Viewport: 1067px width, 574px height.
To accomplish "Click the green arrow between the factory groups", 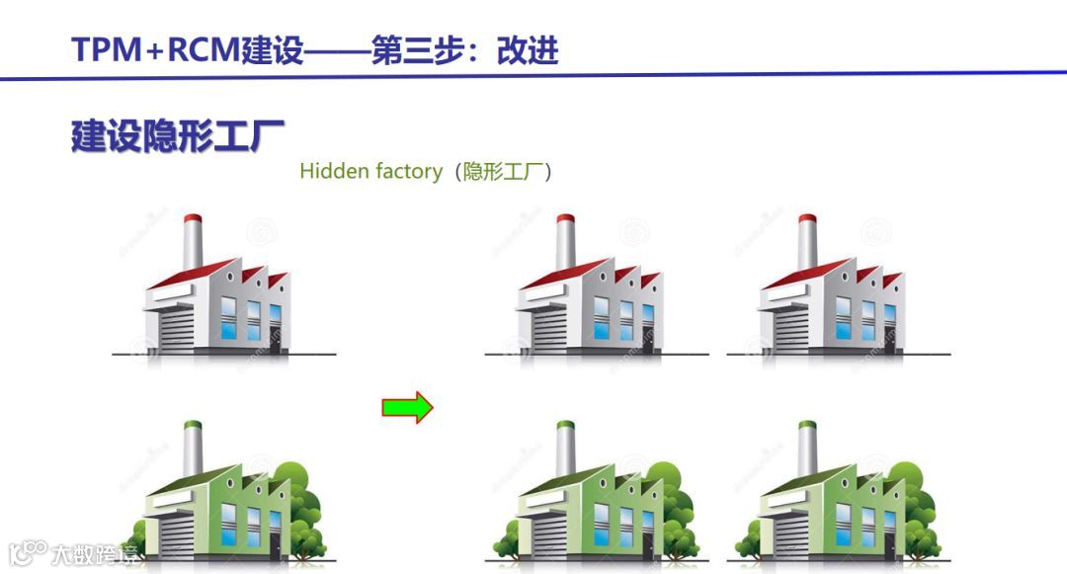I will pyautogui.click(x=407, y=406).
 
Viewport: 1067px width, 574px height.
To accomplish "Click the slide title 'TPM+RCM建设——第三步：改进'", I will pyautogui.click(x=315, y=49).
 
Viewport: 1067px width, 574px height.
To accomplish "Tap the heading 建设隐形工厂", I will pyautogui.click(x=178, y=135).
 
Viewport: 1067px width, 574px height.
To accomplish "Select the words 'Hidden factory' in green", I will pyautogui.click(x=370, y=171).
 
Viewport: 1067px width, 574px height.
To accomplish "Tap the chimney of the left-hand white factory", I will pyautogui.click(x=193, y=243).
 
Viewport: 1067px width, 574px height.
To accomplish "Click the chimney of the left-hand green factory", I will pyautogui.click(x=193, y=450).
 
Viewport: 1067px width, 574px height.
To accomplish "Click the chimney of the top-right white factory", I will pyautogui.click(x=807, y=243).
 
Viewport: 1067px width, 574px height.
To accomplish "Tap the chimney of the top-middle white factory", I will pyautogui.click(x=565, y=243).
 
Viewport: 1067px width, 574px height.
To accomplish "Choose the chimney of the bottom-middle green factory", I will pyautogui.click(x=565, y=450).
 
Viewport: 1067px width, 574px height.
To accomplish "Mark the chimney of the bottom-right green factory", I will pyautogui.click(x=807, y=450).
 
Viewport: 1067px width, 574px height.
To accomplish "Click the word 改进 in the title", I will pyautogui.click(x=528, y=49).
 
